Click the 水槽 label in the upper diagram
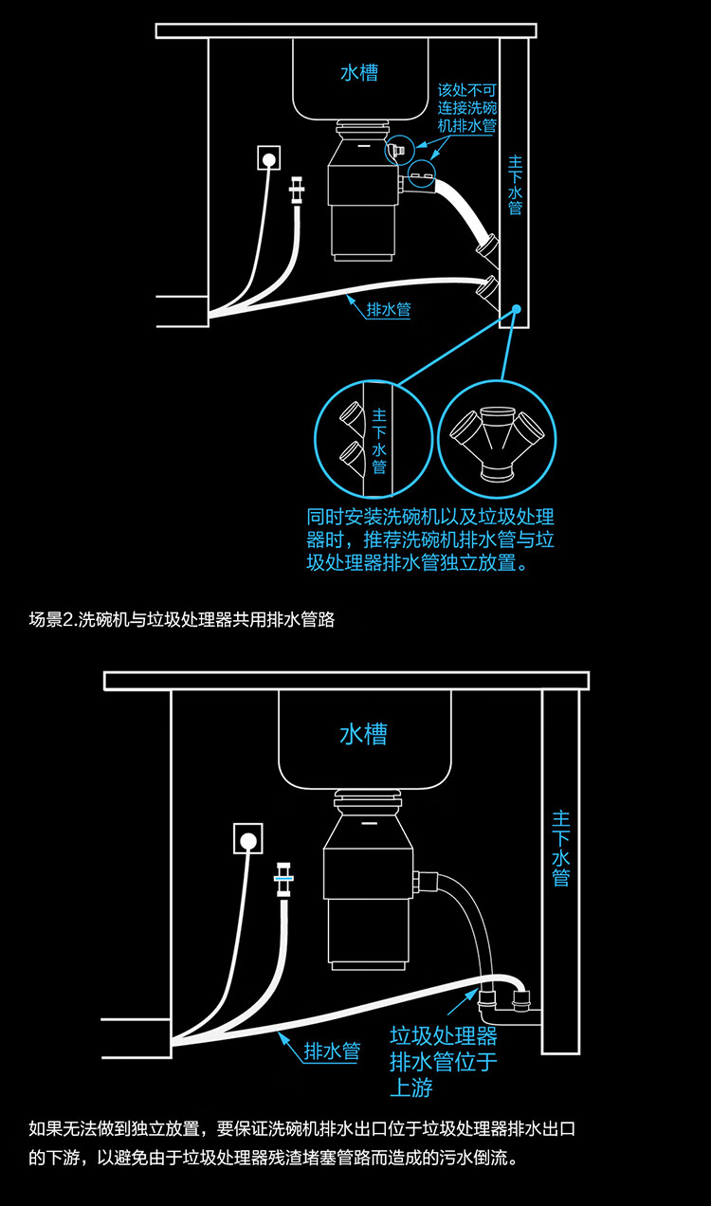click(359, 73)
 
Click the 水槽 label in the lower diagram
click(363, 734)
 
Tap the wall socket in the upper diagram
click(268, 158)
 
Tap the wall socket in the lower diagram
click(248, 839)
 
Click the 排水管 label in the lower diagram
click(331, 1051)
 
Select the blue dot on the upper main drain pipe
click(517, 309)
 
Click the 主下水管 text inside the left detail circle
click(379, 441)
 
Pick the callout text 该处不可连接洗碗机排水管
click(466, 107)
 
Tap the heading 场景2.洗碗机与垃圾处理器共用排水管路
click(181, 620)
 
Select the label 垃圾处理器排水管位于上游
click(443, 1060)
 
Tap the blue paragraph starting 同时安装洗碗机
click(429, 539)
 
